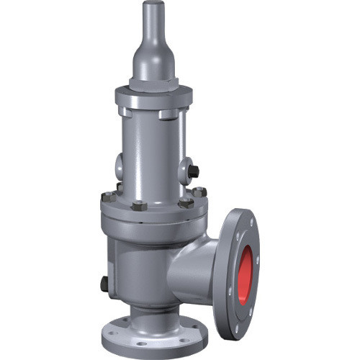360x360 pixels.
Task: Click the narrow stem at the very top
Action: click(154, 18)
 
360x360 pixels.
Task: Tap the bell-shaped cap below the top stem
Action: click(153, 58)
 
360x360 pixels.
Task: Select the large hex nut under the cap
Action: click(153, 84)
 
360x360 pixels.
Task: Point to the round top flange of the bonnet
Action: click(153, 97)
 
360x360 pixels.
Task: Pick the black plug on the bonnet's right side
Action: click(194, 171)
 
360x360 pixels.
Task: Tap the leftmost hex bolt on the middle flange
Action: click(108, 196)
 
